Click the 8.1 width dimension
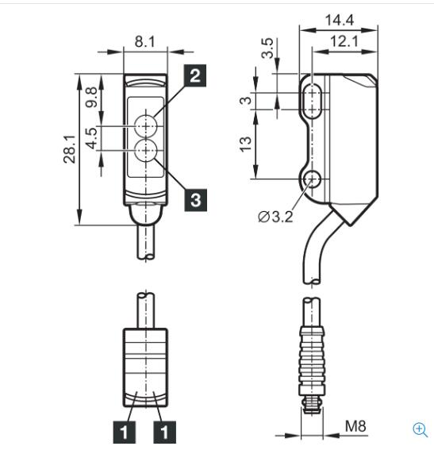pyautogui.click(x=145, y=42)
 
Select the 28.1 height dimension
pyautogui.click(x=70, y=149)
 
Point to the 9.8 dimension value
pyautogui.click(x=92, y=98)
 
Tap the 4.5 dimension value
pyautogui.click(x=92, y=139)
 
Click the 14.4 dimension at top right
pyautogui.click(x=340, y=20)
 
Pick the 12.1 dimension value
pyautogui.click(x=344, y=41)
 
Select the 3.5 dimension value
pyautogui.click(x=267, y=48)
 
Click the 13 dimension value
pyautogui.click(x=245, y=144)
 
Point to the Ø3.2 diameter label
pyautogui.click(x=275, y=217)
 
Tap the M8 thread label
pyautogui.click(x=355, y=426)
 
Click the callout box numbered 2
pyautogui.click(x=195, y=75)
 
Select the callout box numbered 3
pyautogui.click(x=196, y=200)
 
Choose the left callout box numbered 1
pyautogui.click(x=125, y=433)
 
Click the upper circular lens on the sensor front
pyautogui.click(x=146, y=125)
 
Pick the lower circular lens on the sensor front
pyautogui.click(x=146, y=150)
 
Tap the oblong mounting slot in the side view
pyautogui.click(x=312, y=101)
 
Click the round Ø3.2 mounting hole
pyautogui.click(x=312, y=179)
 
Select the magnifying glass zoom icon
pyautogui.click(x=421, y=430)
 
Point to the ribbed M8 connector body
pyautogui.click(x=312, y=362)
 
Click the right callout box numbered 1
pyautogui.click(x=165, y=433)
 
